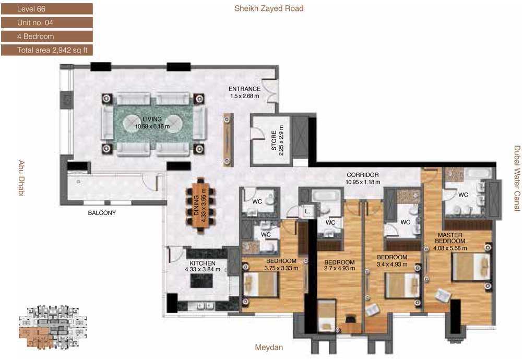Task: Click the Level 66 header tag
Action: [x=47, y=9]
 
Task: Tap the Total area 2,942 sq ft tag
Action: [x=47, y=50]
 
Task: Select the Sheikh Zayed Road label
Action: [x=269, y=8]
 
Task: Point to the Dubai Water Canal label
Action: [x=517, y=178]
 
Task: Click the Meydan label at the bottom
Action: [x=269, y=347]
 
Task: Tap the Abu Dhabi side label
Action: [x=21, y=178]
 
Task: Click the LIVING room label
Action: [x=152, y=119]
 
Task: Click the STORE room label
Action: [x=274, y=140]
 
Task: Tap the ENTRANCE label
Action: [x=244, y=89]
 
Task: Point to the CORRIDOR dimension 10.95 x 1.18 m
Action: [x=363, y=182]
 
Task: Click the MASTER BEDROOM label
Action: [x=450, y=238]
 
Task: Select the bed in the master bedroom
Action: [x=470, y=267]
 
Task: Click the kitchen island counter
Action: [x=201, y=281]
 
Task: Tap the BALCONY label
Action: [x=102, y=212]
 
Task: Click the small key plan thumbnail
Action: [x=53, y=327]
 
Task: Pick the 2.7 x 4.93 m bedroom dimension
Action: [x=340, y=268]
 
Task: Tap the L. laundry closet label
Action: [x=307, y=211]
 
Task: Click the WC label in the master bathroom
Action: [x=463, y=195]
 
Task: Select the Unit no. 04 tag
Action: [x=47, y=22]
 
